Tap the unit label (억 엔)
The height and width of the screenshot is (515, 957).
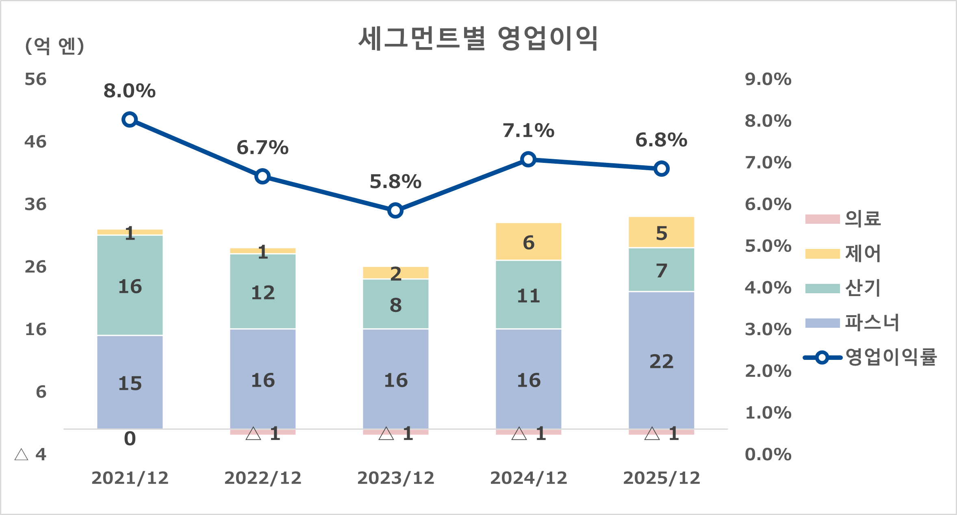[x=54, y=45]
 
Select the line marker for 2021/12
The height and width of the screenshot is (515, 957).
[x=129, y=119]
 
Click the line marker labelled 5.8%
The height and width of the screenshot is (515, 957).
[x=395, y=210]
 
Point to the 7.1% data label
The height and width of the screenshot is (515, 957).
[x=528, y=131]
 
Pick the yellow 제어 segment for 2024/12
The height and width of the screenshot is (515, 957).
[x=528, y=242]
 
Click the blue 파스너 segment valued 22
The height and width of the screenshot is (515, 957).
[x=661, y=361]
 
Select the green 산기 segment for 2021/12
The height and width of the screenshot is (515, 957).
[x=130, y=286]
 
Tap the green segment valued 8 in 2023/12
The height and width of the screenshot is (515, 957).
[x=395, y=304]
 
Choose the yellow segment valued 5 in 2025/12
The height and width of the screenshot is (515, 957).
[x=661, y=232]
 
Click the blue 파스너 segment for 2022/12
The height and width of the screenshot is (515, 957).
[x=263, y=379]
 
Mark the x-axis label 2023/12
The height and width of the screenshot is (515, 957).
[x=395, y=478]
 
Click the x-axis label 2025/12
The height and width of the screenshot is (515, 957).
[x=661, y=478]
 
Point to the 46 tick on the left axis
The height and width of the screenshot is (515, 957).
[x=35, y=142]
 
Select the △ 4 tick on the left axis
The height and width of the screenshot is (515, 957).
[x=30, y=454]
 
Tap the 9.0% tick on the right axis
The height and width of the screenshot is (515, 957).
[x=768, y=79]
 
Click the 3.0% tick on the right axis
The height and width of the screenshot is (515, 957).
[x=768, y=329]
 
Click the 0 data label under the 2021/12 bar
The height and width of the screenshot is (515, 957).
[x=130, y=439]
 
